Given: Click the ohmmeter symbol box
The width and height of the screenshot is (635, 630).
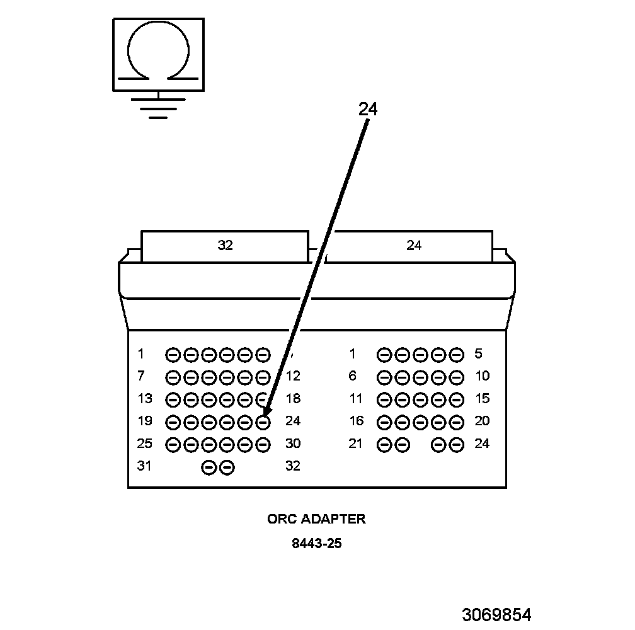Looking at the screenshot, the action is pos(158,55).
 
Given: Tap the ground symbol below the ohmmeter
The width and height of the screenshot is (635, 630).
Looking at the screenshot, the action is pos(158,107).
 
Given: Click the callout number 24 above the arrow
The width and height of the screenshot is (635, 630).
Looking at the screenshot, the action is pos(368,109).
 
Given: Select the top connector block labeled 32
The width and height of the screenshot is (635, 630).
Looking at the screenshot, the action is pos(225,246).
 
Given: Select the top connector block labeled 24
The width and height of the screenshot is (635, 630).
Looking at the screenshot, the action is pos(414,246).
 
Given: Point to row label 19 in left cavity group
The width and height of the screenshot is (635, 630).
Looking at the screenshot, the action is pos(145,421).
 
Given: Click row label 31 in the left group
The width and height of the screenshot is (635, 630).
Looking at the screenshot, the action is pos(145,466).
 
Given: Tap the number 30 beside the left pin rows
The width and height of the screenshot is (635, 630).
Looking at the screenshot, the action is pos(293,444).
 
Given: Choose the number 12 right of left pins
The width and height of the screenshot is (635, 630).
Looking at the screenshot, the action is pos(293,377).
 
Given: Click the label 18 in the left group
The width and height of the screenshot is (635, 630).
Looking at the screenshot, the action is pos(293,399).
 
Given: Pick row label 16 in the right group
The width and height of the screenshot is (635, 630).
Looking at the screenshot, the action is pos(357,421).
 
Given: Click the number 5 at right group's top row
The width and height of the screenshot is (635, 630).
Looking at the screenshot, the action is pos(478,354).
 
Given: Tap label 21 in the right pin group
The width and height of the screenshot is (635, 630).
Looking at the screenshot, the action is pos(357,444).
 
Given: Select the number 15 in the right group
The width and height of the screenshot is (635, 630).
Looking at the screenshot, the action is pos(482,399).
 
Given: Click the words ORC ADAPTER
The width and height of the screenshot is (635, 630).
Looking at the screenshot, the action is pos(316,519).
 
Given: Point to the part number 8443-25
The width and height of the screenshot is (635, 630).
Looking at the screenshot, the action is pos(316,543).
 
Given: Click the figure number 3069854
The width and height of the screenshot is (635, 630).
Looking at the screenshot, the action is pos(496,614).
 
